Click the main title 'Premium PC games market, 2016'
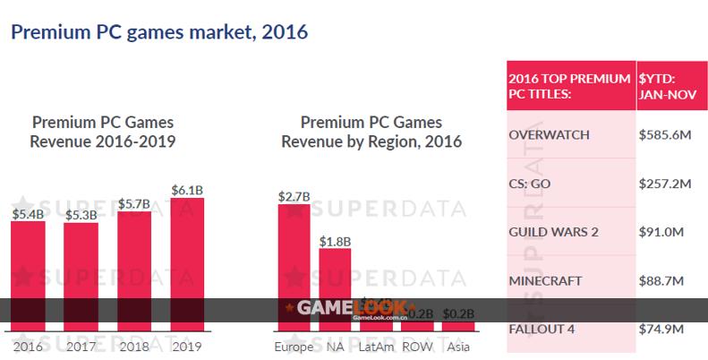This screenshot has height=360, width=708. coord(158,33)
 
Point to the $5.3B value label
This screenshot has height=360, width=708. coord(81,215)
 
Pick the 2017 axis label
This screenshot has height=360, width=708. coord(81,346)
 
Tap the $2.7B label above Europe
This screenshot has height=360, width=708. coord(294,194)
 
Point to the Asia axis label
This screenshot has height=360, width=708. coord(459,347)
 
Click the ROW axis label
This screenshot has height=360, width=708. coord(418,347)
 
